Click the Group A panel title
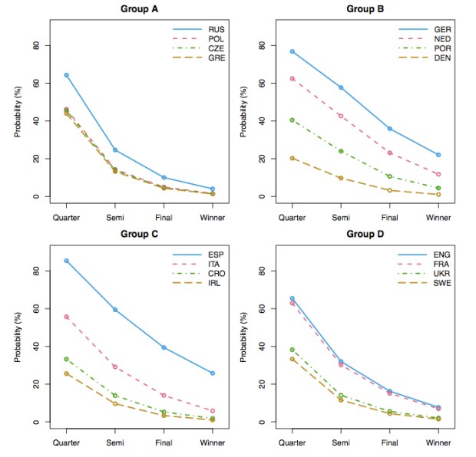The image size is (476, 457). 138,8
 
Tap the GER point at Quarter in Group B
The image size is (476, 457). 293,51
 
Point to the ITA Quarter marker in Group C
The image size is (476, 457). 67,317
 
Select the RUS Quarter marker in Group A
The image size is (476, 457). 67,75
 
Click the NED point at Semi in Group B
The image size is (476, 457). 341,116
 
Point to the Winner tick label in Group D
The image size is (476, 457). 438,443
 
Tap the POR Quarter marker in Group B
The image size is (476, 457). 293,120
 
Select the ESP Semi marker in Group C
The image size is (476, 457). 115,310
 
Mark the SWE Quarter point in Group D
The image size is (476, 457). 293,359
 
